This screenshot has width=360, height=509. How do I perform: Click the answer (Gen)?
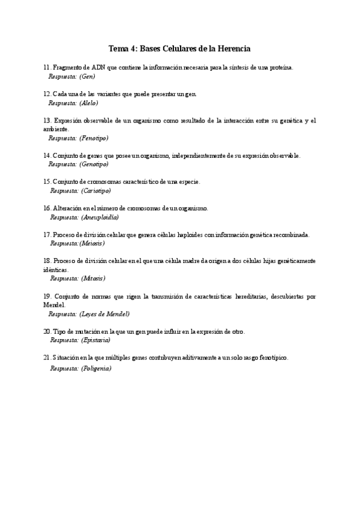[87, 76]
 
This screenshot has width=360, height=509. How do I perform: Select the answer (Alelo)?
[89, 103]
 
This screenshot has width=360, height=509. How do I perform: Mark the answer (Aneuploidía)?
[100, 217]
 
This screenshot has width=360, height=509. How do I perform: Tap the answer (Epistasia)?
[95, 340]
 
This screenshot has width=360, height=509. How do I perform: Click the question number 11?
[47, 68]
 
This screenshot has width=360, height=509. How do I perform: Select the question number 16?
[47, 208]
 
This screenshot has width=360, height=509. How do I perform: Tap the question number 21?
[47, 358]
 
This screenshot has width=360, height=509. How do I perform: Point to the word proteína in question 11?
[279, 68]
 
